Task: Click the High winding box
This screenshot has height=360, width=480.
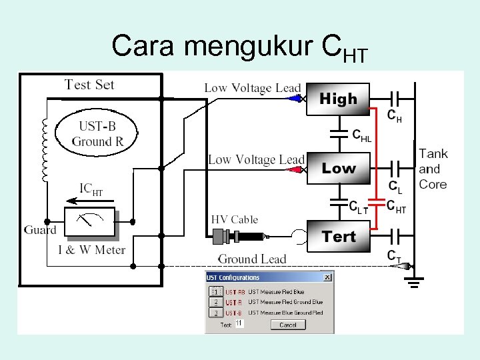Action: coord(338,99)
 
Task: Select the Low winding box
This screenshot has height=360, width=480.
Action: coord(338,169)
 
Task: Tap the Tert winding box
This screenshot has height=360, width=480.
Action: coord(338,237)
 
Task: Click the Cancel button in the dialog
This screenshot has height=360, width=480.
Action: coord(288,325)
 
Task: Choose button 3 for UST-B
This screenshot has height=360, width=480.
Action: coord(215,312)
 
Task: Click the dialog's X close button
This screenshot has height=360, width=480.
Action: coord(327,277)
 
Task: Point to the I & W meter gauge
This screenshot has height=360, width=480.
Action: coord(90,222)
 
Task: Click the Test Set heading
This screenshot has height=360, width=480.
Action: coord(89,85)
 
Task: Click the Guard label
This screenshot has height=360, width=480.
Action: coord(40,230)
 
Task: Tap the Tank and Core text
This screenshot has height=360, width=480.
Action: coord(433,169)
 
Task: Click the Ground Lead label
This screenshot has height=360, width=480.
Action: coord(253,259)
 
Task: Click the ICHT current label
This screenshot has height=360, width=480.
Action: coord(91,189)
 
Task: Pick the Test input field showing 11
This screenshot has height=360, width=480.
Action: coord(239,324)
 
